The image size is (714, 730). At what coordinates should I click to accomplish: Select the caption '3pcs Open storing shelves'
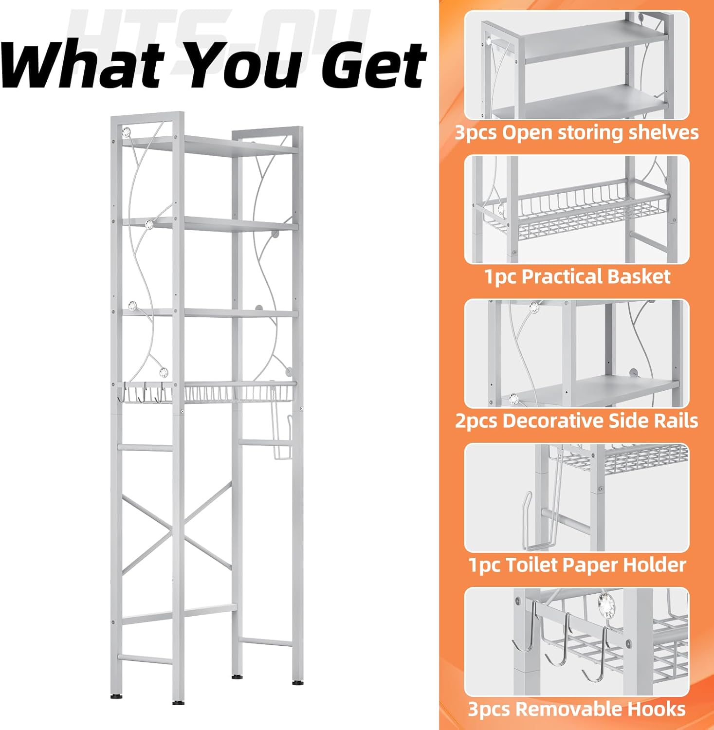577,132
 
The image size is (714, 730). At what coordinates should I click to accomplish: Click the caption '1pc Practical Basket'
577,276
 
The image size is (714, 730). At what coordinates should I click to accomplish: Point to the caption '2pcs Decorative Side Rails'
577,420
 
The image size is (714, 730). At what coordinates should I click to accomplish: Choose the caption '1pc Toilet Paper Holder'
577,565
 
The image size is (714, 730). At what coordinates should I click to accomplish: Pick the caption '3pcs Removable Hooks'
577,709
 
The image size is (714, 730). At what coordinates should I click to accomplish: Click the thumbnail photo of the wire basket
577,209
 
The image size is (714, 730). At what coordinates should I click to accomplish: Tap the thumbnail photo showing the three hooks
577,641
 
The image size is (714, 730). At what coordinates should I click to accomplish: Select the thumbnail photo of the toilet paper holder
577,497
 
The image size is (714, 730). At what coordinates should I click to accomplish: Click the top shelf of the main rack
209,145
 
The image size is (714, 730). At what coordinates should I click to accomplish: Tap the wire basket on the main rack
238,393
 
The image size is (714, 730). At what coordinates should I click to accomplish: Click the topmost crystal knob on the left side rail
127,131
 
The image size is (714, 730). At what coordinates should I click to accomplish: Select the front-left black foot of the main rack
178,702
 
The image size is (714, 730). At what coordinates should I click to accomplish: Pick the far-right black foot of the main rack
297,682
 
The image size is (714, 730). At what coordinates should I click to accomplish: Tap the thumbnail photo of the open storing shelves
577,65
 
